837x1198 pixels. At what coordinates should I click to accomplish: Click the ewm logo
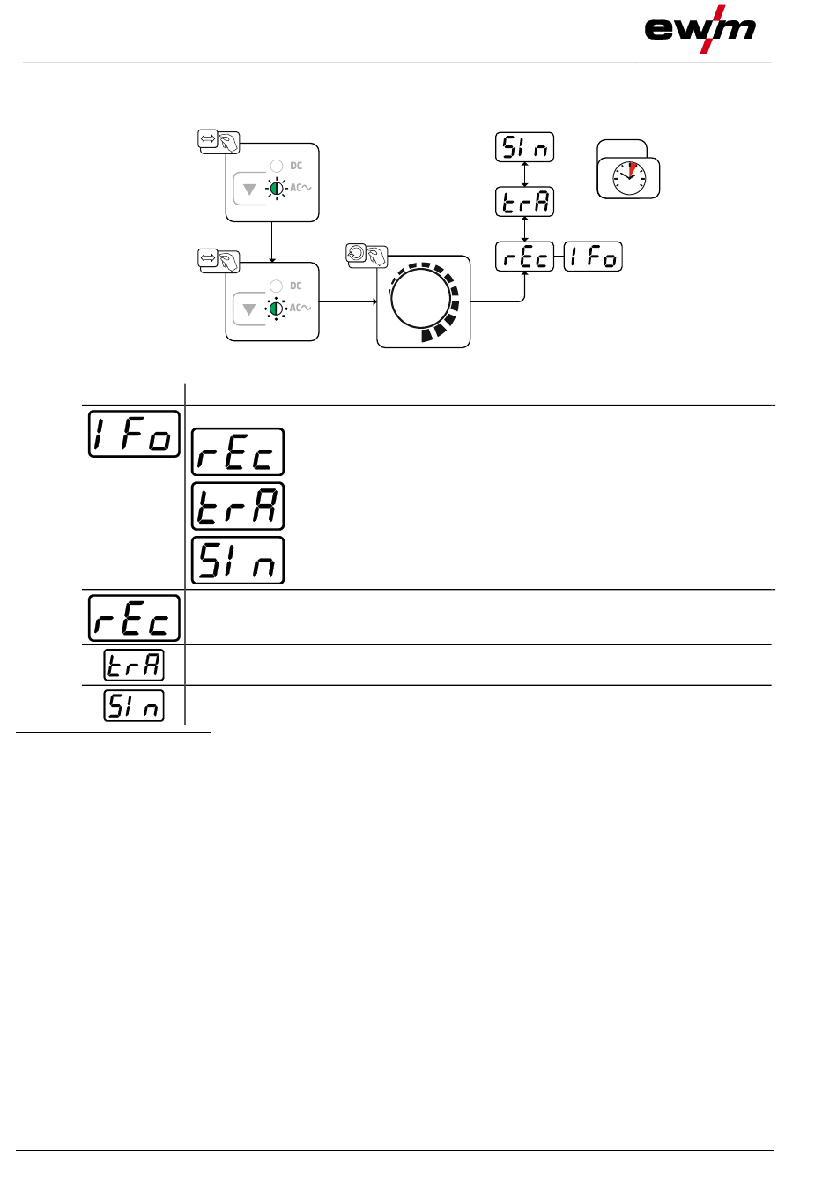coord(700,29)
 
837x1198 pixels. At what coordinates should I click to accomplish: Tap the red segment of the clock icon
coord(632,168)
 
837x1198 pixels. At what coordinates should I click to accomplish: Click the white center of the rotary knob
coord(419,299)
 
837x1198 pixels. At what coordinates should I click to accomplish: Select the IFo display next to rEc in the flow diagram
coord(593,257)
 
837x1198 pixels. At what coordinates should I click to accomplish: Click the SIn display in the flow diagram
coord(524,147)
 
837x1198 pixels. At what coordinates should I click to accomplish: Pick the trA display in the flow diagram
coord(524,202)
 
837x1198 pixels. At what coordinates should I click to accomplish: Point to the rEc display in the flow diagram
coord(524,257)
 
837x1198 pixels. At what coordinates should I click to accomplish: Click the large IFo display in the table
coord(134,434)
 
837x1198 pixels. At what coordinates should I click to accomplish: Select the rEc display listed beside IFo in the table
coord(238,452)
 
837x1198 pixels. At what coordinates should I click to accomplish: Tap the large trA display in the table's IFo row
coord(238,506)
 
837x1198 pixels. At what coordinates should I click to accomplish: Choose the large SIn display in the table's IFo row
coord(238,560)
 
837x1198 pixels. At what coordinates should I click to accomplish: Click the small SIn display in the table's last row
coord(134,705)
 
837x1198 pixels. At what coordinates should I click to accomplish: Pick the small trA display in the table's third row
coord(134,665)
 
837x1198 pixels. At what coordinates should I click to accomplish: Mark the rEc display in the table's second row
coord(134,617)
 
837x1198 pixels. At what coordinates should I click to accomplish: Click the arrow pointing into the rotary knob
coord(349,301)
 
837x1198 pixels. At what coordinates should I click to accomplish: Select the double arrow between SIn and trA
coord(524,175)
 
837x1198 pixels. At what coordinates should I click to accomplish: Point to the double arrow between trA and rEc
coord(524,229)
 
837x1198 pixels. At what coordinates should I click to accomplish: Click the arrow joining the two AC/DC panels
coord(272,242)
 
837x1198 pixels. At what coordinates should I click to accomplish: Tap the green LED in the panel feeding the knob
coord(277,309)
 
